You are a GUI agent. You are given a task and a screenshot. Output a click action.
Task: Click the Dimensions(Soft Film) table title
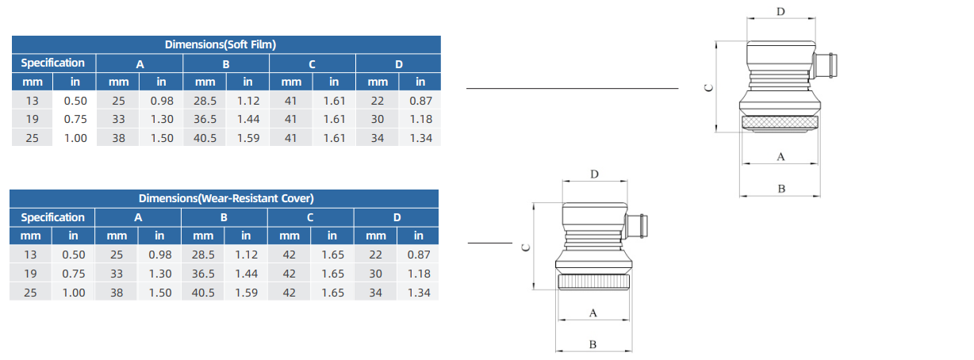(225, 44)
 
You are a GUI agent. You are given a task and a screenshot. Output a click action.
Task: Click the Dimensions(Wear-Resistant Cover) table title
(225, 198)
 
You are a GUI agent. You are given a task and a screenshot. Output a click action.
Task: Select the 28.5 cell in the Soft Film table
(205, 101)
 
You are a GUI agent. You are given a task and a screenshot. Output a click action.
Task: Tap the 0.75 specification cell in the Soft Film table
(75, 119)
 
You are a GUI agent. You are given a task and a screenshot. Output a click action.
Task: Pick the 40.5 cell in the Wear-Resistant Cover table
(203, 292)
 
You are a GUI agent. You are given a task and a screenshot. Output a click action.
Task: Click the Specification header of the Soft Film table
(52, 63)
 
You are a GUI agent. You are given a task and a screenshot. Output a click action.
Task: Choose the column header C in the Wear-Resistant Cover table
(310, 217)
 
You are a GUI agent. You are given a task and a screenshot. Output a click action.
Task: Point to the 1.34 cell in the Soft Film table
(420, 138)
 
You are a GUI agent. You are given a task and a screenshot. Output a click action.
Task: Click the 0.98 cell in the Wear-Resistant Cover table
(159, 255)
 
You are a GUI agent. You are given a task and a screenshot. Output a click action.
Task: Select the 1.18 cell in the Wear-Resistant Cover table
(419, 274)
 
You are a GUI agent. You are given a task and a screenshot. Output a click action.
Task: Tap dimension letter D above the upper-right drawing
(780, 12)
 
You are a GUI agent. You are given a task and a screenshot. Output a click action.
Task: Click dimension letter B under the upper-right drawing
(780, 189)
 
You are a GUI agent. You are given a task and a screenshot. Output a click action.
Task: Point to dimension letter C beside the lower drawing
(524, 247)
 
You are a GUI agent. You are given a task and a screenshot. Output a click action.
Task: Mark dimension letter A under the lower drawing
(593, 313)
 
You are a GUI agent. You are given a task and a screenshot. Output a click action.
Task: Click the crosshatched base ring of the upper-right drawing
(780, 124)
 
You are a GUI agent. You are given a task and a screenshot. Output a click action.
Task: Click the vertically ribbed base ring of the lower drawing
(594, 283)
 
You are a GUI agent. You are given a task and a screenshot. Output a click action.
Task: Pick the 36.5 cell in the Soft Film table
(205, 119)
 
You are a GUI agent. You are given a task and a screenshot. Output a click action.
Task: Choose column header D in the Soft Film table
(399, 63)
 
